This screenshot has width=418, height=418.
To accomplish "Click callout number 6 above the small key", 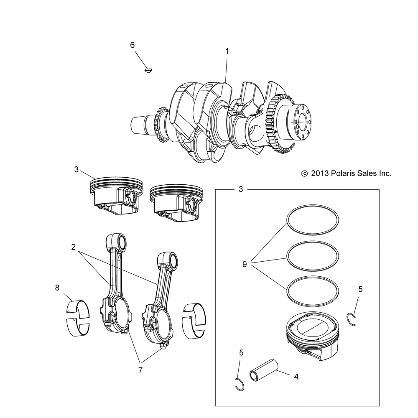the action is (133, 45).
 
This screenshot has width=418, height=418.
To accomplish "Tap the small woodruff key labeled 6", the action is (147, 70).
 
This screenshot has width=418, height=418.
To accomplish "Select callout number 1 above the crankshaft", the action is (227, 51).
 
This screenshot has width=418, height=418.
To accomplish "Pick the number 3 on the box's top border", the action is (240, 189).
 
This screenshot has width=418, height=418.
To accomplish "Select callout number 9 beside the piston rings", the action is (245, 264).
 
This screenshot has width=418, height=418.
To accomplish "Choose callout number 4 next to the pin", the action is (296, 377).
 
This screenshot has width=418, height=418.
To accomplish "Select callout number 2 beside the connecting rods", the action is (74, 247).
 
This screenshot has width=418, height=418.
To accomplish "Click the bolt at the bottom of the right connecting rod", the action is (163, 346).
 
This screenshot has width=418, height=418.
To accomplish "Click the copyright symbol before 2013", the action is (304, 173).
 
